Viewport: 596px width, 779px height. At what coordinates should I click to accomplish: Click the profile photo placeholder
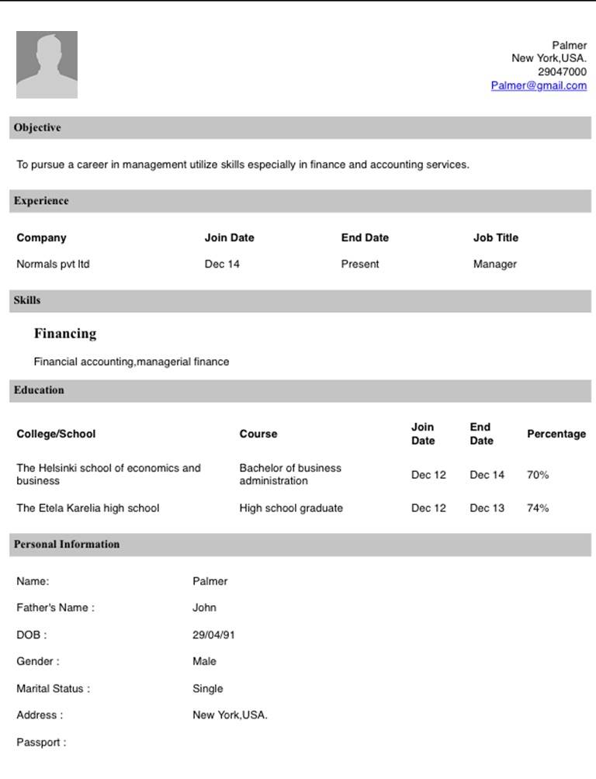[x=47, y=64]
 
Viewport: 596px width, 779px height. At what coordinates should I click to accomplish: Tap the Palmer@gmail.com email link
[x=539, y=85]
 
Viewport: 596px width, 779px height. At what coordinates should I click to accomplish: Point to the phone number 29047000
[x=562, y=72]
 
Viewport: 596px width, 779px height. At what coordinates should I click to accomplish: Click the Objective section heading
[x=37, y=127]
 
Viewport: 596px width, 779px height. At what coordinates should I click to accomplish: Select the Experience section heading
[x=41, y=201]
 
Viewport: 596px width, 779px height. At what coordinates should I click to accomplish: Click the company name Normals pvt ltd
[x=53, y=264]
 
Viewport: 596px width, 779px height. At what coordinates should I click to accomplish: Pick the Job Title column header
[x=496, y=237]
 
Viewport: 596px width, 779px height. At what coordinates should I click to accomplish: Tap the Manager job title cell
[x=494, y=264]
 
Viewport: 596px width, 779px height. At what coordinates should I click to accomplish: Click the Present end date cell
[x=360, y=264]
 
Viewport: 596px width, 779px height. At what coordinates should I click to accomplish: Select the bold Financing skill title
[x=65, y=334]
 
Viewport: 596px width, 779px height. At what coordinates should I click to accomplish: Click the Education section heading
[x=39, y=390]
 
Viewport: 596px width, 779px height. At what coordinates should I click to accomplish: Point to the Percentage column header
[x=556, y=434]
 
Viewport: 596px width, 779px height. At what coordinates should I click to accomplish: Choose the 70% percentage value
[x=538, y=475]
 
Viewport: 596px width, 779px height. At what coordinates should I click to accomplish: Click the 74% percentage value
[x=538, y=508]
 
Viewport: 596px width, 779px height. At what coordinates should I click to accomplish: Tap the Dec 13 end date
[x=487, y=508]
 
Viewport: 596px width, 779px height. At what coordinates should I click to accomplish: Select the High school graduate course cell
[x=291, y=508]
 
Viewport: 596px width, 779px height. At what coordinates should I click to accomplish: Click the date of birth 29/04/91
[x=213, y=635]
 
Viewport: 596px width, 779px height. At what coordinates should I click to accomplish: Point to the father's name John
[x=204, y=608]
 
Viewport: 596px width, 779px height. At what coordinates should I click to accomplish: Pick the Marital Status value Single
[x=207, y=688]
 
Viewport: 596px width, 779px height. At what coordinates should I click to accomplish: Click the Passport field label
[x=41, y=743]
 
